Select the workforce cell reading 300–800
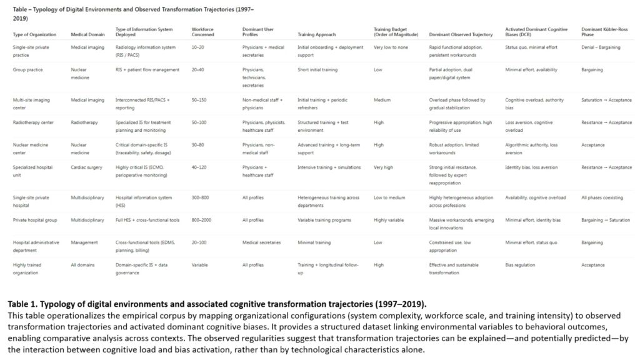click(x=201, y=197)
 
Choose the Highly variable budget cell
click(x=389, y=220)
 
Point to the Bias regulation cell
click(x=521, y=265)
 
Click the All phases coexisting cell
click(x=602, y=197)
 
